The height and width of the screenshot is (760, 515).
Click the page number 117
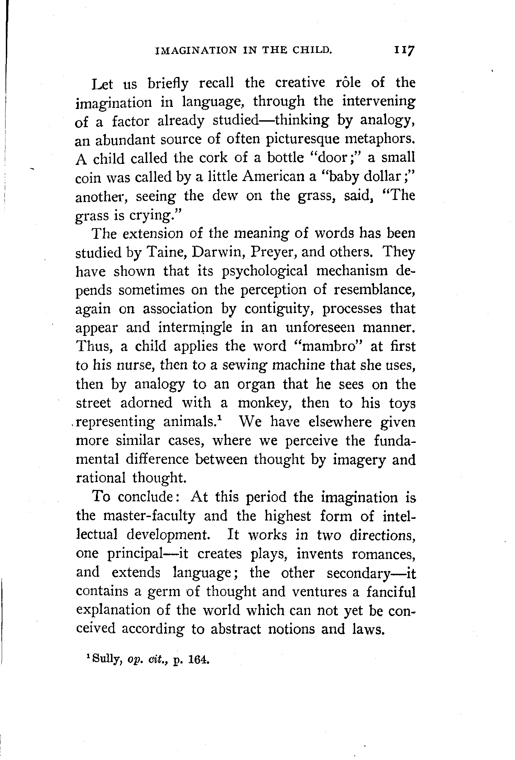405,51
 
